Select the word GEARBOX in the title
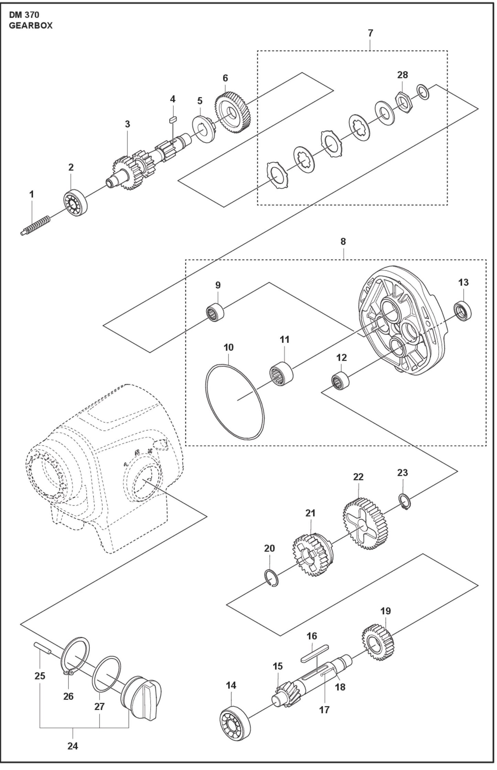[31, 26]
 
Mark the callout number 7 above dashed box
[370, 33]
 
